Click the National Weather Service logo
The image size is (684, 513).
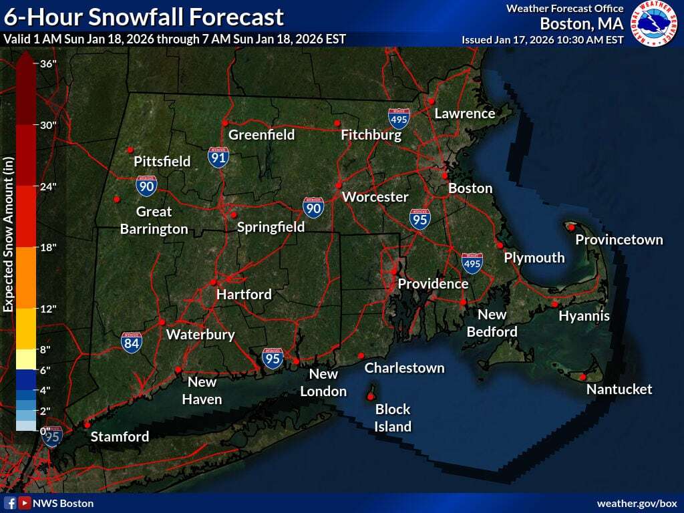pyautogui.click(x=654, y=23)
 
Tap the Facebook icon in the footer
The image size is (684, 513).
pyautogui.click(x=10, y=503)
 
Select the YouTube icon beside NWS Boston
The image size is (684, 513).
pyautogui.click(x=24, y=503)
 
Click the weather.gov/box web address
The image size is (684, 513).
pyautogui.click(x=637, y=503)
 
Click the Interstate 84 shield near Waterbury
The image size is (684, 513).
pyautogui.click(x=132, y=343)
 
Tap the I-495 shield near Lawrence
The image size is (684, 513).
pyautogui.click(x=399, y=119)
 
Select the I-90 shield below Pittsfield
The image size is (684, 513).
pyautogui.click(x=147, y=186)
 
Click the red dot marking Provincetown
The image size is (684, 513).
pyautogui.click(x=572, y=226)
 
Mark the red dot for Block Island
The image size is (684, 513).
pyautogui.click(x=371, y=397)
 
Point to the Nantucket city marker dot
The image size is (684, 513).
pyautogui.click(x=582, y=377)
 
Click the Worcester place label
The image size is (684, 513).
pyautogui.click(x=375, y=197)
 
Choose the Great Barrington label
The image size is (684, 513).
pyautogui.click(x=154, y=220)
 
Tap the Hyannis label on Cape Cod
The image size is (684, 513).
pyautogui.click(x=584, y=316)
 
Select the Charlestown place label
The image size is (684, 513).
pyautogui.click(x=404, y=368)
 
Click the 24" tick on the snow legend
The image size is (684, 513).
pyautogui.click(x=46, y=186)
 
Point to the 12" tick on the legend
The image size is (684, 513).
pyautogui.click(x=46, y=309)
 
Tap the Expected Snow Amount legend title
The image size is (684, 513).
pyautogui.click(x=9, y=234)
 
